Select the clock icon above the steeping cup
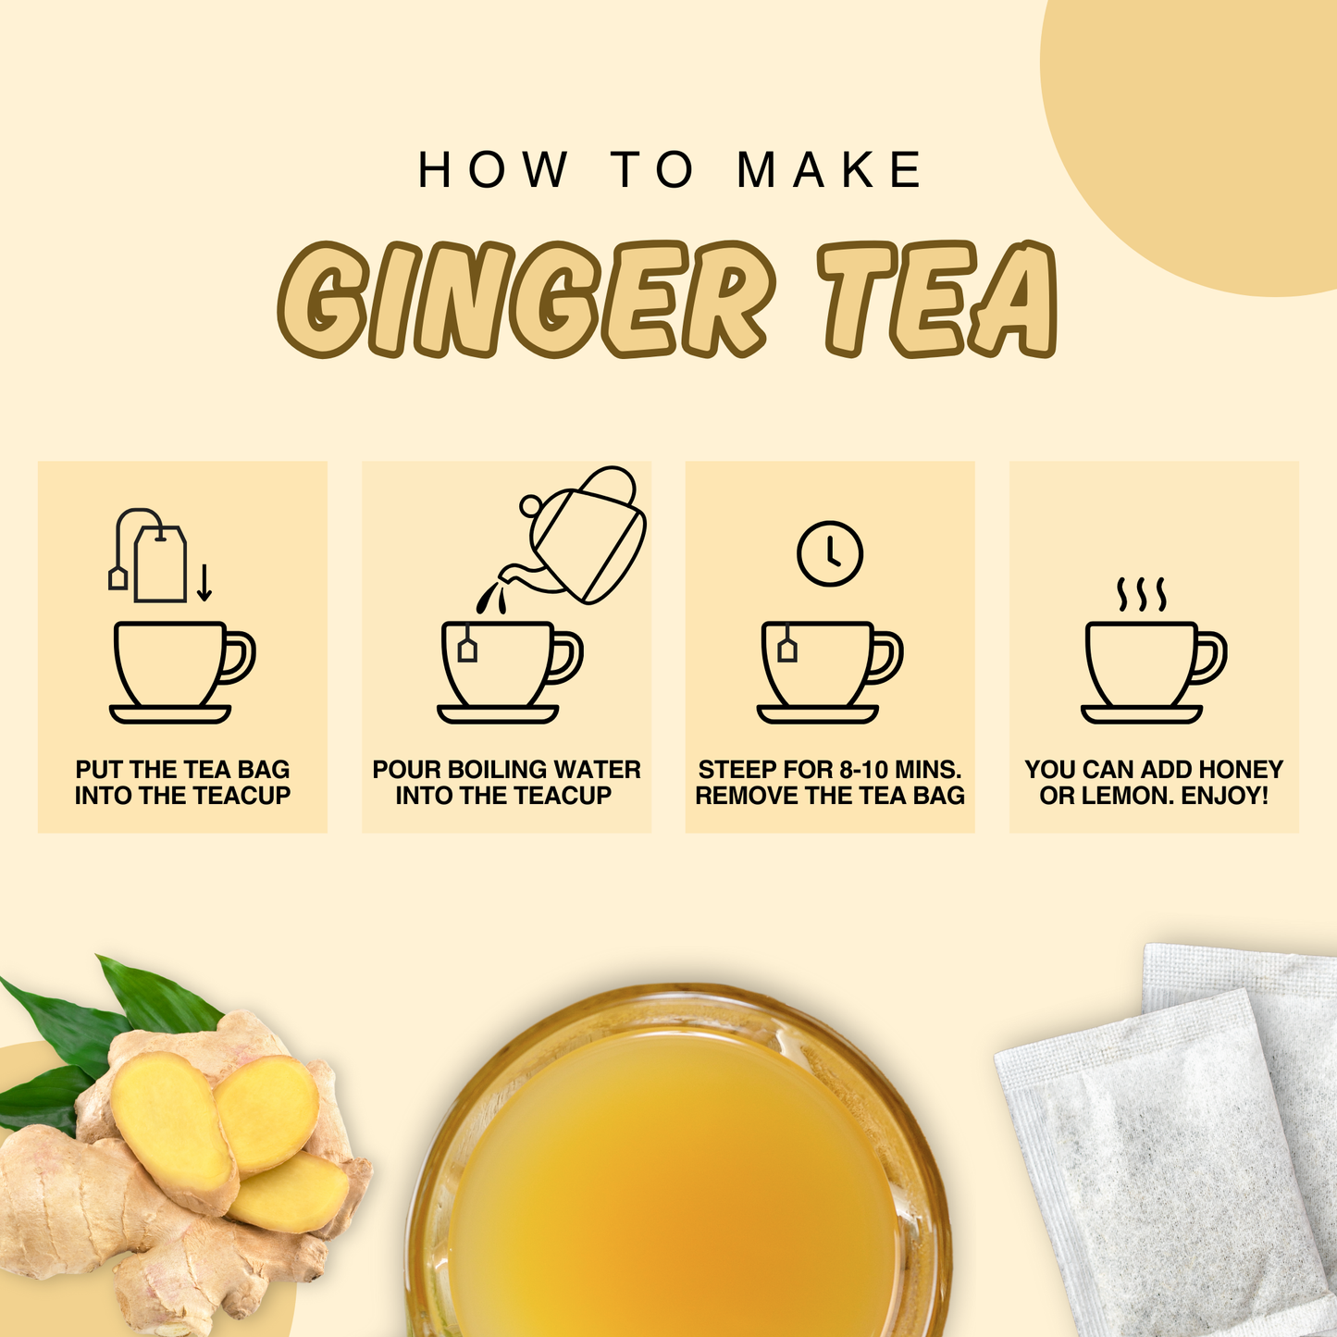[x=830, y=553]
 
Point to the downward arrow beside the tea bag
[x=205, y=581]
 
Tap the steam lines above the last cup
[x=1142, y=595]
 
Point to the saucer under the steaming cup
[x=1142, y=713]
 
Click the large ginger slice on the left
[x=171, y=1120]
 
